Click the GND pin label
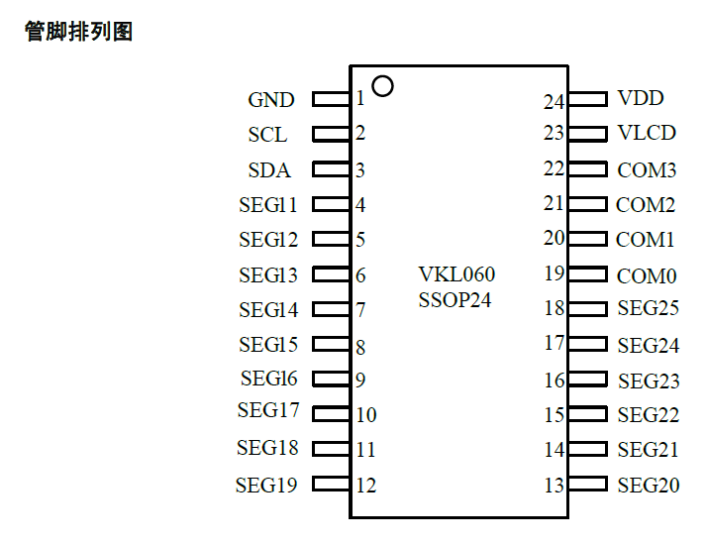(x=270, y=100)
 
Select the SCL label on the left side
(x=267, y=135)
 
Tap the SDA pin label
(x=269, y=170)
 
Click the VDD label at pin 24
(x=641, y=98)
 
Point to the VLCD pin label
(x=647, y=133)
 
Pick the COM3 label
(x=647, y=170)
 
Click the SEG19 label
(x=266, y=486)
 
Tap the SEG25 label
(x=648, y=308)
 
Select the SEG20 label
(x=648, y=486)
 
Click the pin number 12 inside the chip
(x=366, y=486)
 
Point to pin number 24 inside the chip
(x=554, y=101)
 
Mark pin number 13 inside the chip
(x=554, y=486)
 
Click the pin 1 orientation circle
(x=382, y=86)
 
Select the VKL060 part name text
(x=456, y=274)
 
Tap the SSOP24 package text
(x=454, y=300)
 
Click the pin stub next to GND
(x=331, y=99)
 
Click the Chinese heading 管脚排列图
(x=78, y=32)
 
